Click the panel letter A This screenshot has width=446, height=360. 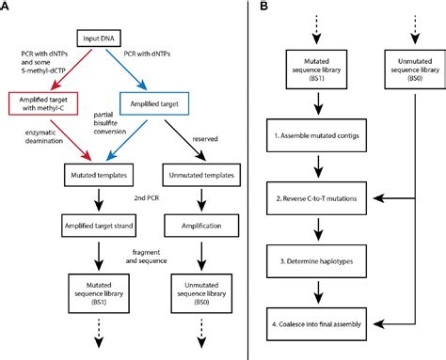coord(7,8)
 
